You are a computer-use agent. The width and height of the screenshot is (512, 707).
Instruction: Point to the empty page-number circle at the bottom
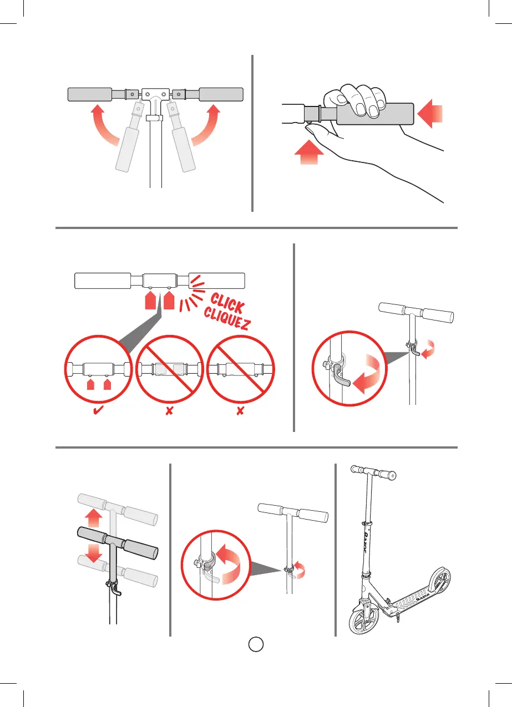[255, 644]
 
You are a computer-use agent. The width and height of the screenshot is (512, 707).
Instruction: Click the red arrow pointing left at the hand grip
[430, 115]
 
